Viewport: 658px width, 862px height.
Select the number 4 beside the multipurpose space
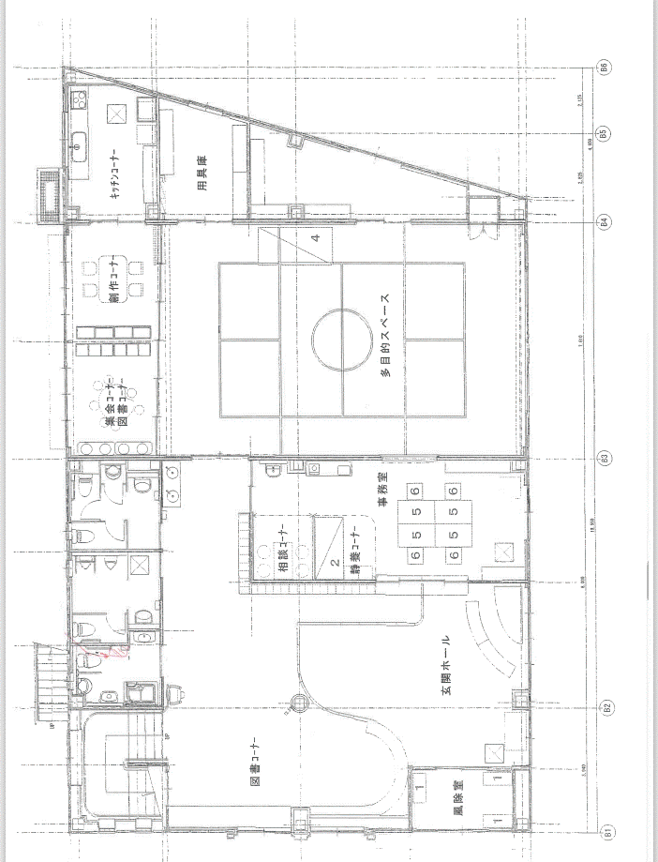[316, 238]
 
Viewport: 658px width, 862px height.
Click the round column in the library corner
[299, 700]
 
